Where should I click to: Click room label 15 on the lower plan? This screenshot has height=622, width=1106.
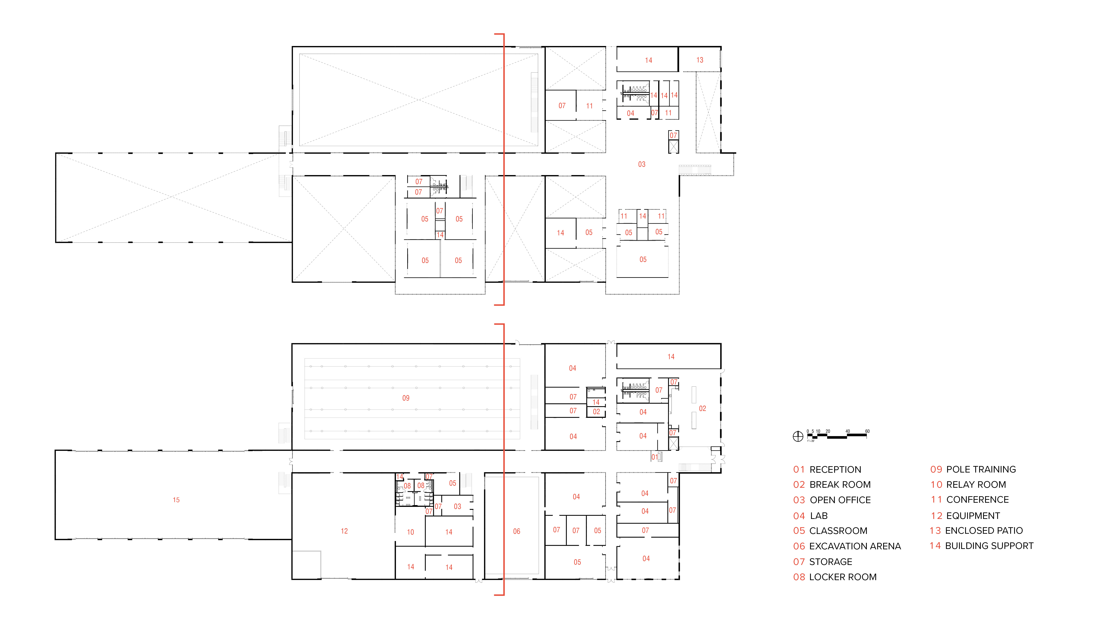[x=176, y=500]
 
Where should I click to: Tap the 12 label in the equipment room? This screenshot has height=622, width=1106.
[x=344, y=531]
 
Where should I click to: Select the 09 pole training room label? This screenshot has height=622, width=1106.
[x=406, y=398]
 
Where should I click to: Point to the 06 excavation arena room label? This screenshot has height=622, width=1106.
[x=517, y=531]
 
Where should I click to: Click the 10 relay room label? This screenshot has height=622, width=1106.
[x=410, y=532]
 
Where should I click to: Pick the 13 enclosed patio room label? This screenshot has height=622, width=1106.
[x=700, y=60]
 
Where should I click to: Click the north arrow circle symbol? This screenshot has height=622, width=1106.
[x=798, y=437]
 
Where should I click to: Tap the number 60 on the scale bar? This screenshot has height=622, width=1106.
[x=867, y=431]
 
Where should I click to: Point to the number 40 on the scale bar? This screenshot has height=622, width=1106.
[x=848, y=431]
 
